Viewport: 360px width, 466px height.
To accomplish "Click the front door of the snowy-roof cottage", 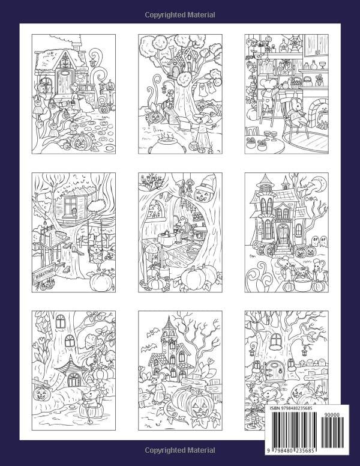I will [64, 78].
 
